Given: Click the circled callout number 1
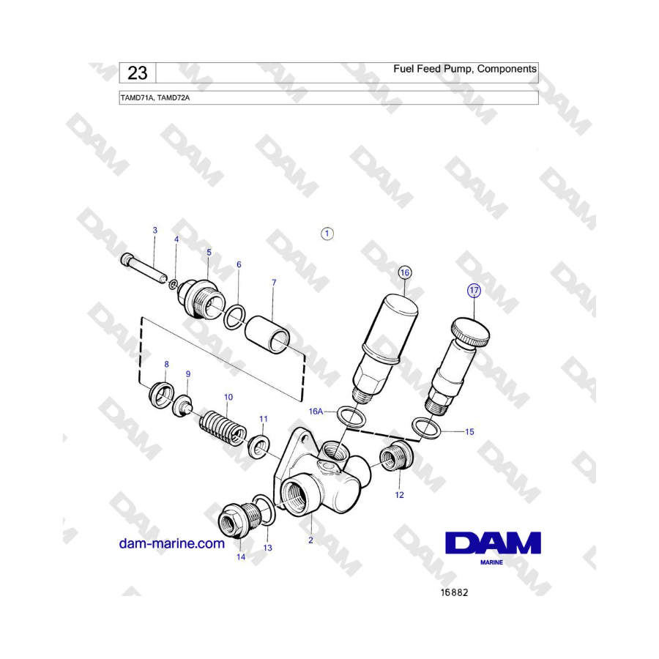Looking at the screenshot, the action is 327,234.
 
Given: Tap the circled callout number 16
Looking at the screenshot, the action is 404,273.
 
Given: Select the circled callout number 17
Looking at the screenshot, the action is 474,291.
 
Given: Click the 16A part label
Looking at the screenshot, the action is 316,411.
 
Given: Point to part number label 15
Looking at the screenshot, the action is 469,431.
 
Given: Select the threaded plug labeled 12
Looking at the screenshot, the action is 396,456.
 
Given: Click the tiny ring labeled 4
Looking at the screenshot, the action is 173,285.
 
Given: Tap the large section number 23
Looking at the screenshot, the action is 138,73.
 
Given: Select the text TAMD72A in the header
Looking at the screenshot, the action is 173,98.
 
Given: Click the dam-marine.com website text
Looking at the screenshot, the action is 172,543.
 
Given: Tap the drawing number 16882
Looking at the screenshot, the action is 454,592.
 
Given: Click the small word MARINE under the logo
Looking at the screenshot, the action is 491,562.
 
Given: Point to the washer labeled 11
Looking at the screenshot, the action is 258,446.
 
